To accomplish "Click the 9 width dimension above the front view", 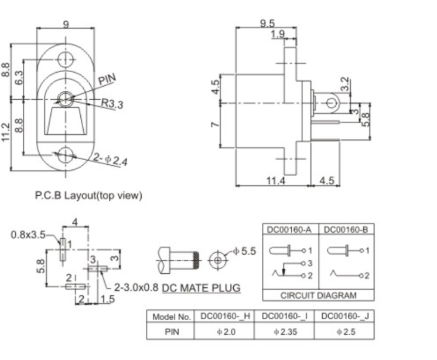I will tap(66, 25).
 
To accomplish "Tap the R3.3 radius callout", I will tap(112, 104).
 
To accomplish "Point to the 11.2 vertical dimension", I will tap(7, 133).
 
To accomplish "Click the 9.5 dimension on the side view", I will tap(267, 23).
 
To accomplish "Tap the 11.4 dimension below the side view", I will tap(276, 181).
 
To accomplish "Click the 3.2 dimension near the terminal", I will tap(346, 84).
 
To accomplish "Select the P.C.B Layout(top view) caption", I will tap(88, 195).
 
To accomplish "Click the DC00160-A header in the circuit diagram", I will tap(291, 229).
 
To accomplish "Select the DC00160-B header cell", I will tap(346, 229).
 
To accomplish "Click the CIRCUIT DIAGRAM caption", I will tap(318, 296).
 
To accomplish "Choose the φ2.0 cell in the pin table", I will tap(226, 332).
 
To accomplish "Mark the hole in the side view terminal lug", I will tap(332, 104).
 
